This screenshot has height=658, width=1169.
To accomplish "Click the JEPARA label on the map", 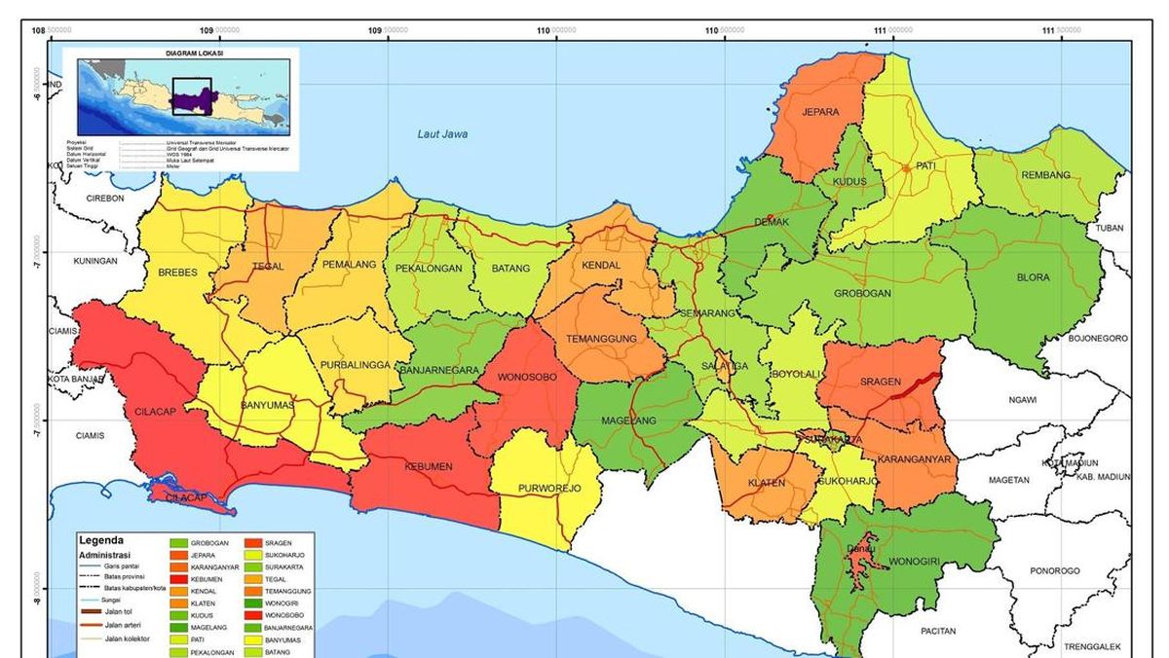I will pos(820,112).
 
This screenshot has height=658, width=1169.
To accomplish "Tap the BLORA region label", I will pos(1034,277).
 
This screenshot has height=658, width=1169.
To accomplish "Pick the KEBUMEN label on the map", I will pos(429,466).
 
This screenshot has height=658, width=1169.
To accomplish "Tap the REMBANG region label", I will pos(1045,175).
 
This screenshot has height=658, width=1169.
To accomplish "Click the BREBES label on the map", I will pos(177,273).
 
